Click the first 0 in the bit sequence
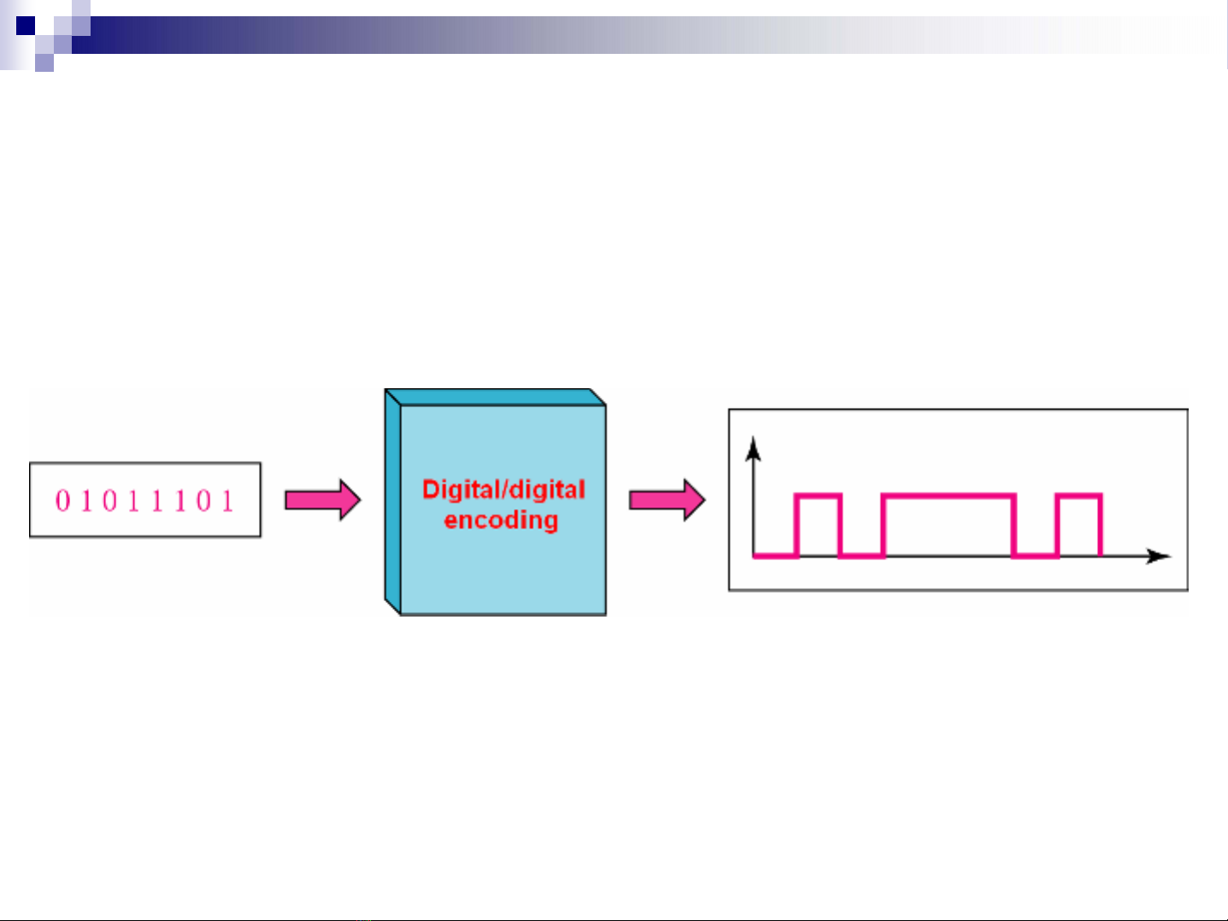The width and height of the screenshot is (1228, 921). tap(62, 500)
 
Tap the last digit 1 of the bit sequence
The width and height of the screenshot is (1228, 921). tap(227, 500)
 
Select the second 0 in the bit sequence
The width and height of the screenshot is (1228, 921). tap(109, 500)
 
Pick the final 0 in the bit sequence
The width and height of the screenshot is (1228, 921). tap(203, 500)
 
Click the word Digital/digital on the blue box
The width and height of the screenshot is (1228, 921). tap(503, 489)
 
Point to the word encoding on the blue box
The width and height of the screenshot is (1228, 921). tap(501, 520)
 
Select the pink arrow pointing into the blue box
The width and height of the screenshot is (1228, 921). tap(322, 499)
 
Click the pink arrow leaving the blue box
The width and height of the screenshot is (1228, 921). tap(667, 499)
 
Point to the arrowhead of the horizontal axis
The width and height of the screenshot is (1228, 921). tap(1160, 557)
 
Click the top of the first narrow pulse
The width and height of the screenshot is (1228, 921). tap(819, 495)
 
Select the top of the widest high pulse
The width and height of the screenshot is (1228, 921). tap(949, 495)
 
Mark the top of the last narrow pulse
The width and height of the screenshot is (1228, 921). tap(1079, 495)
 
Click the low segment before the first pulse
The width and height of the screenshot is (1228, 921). tap(775, 557)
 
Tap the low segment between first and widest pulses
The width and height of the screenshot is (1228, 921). tap(862, 557)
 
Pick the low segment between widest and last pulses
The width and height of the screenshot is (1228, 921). tap(1036, 557)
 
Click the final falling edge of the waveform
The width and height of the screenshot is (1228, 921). tap(1101, 526)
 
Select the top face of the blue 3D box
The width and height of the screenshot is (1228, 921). tap(496, 397)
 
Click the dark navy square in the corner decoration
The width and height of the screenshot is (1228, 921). tap(26, 25)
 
